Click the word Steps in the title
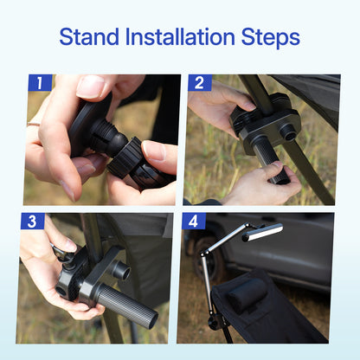tap(269, 37)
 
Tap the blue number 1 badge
tap(40, 83)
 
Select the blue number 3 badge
tap(33, 222)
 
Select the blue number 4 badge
tap(192, 222)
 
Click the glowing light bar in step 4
tap(261, 231)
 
